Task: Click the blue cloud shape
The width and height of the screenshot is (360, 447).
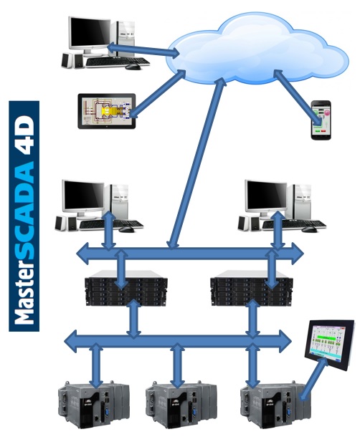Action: [257, 50]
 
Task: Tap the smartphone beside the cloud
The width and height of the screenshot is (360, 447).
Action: [321, 120]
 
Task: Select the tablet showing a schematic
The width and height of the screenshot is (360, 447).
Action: [107, 111]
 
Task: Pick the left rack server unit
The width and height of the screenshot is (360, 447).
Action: [126, 292]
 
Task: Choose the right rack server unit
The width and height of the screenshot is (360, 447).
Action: [252, 292]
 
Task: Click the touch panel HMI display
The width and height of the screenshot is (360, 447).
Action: [330, 345]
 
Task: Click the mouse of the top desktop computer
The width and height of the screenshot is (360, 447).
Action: [133, 67]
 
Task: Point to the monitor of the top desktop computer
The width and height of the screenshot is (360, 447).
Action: [89, 34]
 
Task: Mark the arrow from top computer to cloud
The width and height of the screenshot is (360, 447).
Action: [143, 49]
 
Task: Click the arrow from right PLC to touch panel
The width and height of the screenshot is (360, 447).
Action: [314, 378]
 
